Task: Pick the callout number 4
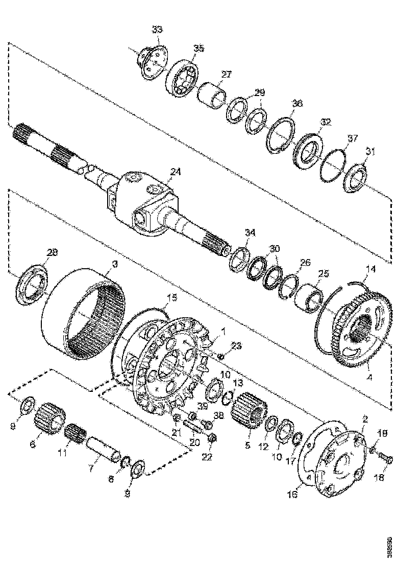[369, 379]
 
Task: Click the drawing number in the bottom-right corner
[390, 545]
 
